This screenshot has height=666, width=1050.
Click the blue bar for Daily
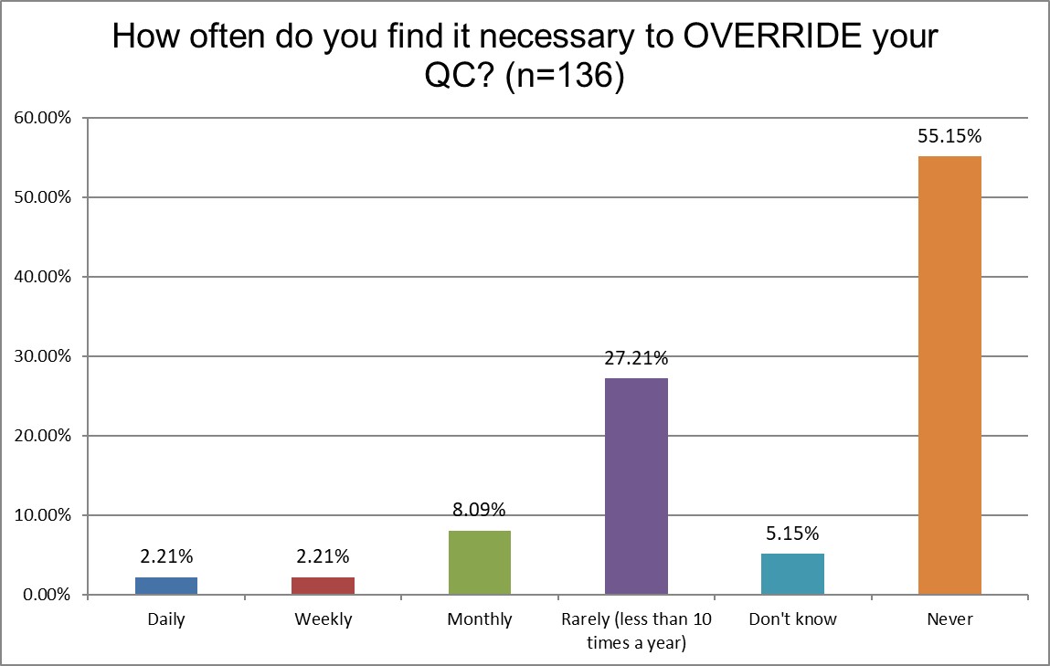(165, 586)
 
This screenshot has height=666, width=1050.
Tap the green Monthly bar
(480, 563)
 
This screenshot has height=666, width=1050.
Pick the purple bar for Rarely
(636, 486)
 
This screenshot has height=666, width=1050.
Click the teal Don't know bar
(792, 574)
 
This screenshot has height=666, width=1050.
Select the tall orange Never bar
(949, 375)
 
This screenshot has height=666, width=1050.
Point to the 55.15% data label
(949, 137)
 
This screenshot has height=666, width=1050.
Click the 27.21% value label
(636, 359)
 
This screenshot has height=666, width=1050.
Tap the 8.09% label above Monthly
(480, 510)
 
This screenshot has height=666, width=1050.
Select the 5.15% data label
(792, 534)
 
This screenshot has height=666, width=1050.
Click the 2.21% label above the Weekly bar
(323, 556)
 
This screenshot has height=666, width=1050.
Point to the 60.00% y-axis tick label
(42, 118)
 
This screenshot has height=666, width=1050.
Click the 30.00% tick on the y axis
(42, 356)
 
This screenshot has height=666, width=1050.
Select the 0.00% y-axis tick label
(46, 595)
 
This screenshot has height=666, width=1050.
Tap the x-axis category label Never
(949, 619)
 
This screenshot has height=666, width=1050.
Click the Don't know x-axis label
(792, 619)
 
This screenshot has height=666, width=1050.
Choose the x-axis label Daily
(165, 619)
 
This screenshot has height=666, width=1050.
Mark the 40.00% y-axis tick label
(42, 277)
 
